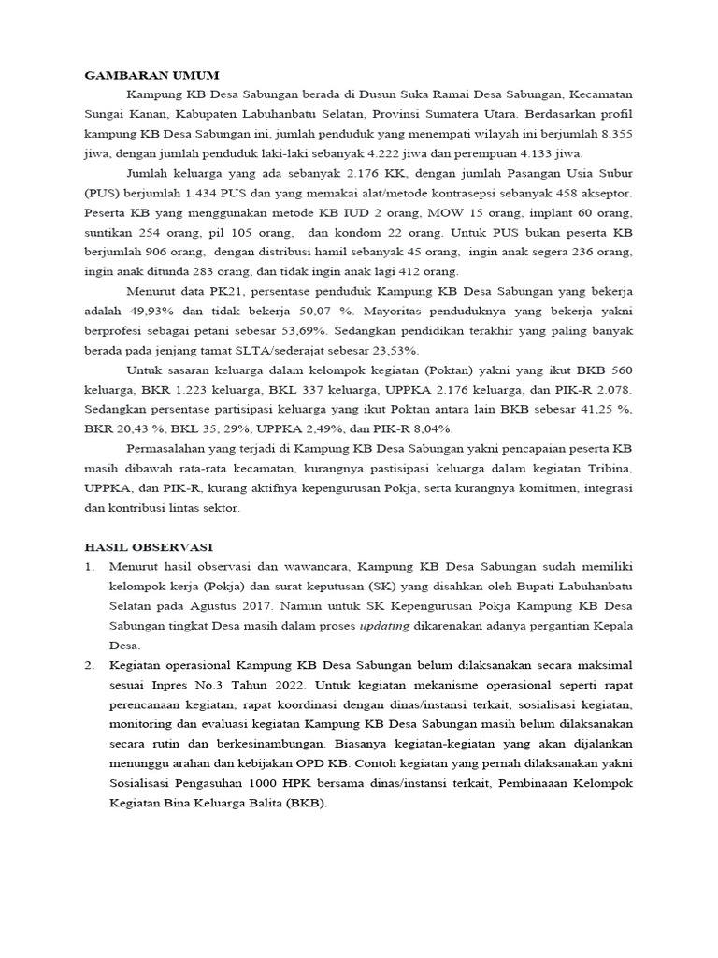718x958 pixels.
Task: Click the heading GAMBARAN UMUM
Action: click(x=151, y=74)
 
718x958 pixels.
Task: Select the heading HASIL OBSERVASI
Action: click(x=149, y=546)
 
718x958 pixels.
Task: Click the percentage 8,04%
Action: click(x=431, y=428)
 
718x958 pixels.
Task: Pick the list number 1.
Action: click(x=90, y=567)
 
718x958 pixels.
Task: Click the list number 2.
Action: click(x=90, y=665)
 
